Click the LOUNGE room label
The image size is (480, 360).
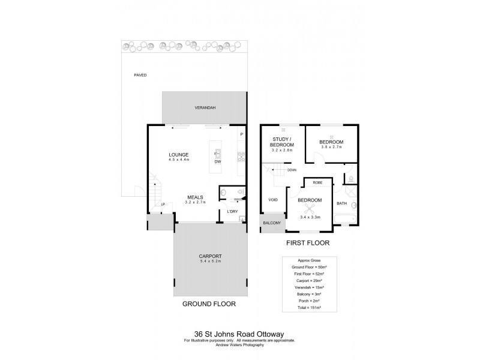(179, 154)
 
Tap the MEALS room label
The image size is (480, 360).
(194, 197)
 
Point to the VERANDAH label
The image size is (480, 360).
(205, 107)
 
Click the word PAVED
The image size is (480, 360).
(140, 75)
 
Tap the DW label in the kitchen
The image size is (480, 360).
(218, 161)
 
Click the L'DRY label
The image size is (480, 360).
(232, 212)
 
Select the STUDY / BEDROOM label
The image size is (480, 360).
(281, 143)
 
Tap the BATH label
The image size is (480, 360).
(341, 203)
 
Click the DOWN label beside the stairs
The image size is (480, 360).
(292, 170)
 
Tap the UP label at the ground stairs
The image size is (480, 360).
(163, 205)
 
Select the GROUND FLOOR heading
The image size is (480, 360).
(209, 304)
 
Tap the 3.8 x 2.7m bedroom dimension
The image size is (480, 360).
(331, 146)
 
